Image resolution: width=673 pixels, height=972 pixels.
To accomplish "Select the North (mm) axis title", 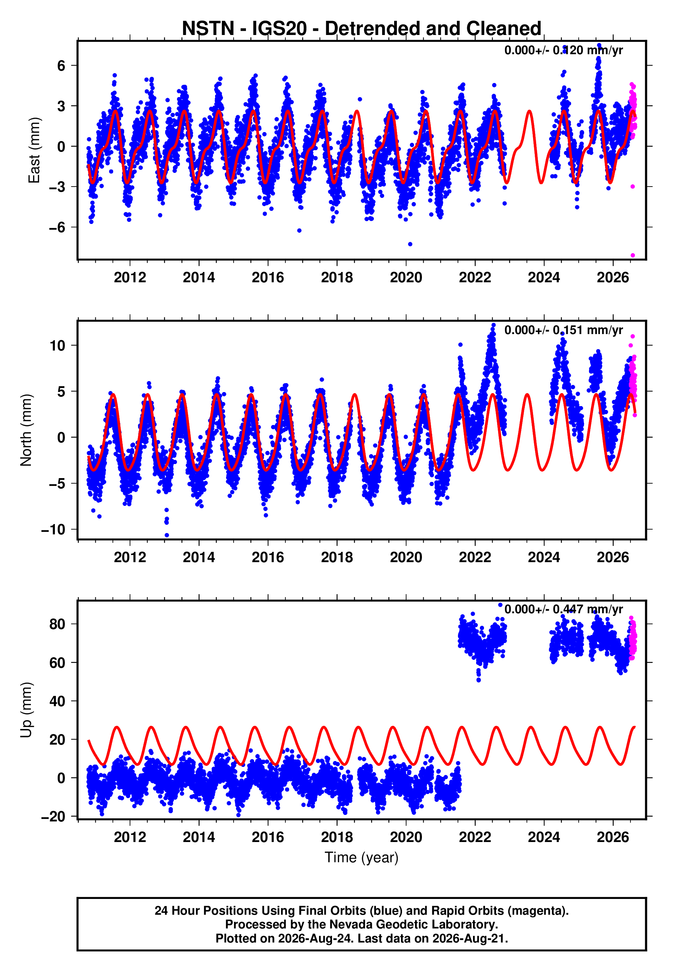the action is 26,430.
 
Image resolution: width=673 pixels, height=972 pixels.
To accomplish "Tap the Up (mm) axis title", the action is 26,710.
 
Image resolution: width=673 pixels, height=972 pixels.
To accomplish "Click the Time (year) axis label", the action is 362,857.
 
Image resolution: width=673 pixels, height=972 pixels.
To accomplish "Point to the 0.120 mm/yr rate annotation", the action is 563,50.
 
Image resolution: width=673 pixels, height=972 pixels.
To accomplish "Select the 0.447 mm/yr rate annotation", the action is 563,609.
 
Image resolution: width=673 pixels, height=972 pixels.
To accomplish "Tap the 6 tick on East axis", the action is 61,66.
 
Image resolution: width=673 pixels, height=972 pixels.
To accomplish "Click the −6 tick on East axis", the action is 57,228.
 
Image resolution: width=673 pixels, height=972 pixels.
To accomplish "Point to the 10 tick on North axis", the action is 57,346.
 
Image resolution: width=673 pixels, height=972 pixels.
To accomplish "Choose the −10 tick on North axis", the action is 53,530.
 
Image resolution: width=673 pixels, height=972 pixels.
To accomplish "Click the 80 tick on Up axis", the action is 57,624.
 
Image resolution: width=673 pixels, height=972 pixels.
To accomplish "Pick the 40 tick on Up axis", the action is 57,701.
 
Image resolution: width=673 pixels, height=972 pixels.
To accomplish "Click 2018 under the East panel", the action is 337,277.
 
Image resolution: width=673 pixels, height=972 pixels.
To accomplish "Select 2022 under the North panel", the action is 475,557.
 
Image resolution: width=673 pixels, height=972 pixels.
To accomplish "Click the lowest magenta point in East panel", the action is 633,256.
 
